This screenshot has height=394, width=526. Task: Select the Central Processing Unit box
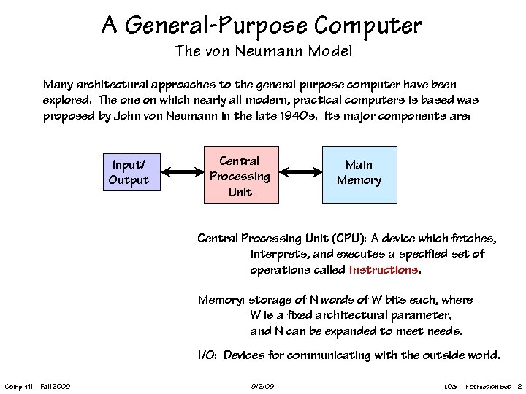(x=240, y=177)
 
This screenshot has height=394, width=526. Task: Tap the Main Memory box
(x=359, y=173)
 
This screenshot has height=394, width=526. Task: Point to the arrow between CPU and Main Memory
(x=302, y=173)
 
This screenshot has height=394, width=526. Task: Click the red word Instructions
(x=384, y=269)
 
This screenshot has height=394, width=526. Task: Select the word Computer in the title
(x=368, y=26)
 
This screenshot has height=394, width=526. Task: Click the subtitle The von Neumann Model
(x=263, y=51)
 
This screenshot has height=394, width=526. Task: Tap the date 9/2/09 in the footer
(x=263, y=385)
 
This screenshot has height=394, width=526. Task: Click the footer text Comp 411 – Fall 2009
(x=37, y=385)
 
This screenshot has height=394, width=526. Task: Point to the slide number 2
(x=519, y=385)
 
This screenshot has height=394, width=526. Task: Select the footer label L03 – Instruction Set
(x=477, y=385)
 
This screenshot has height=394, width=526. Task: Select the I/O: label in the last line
(x=208, y=355)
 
